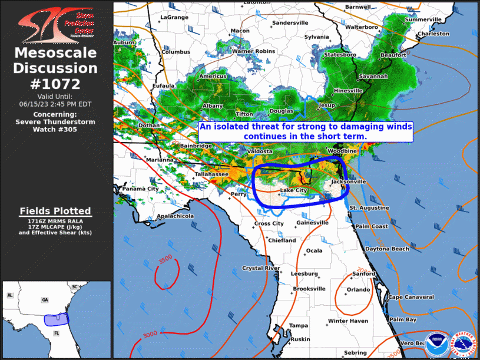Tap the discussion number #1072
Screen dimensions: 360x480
coord(55,84)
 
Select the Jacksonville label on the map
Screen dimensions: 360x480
coord(349,182)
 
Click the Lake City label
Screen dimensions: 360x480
coord(293,190)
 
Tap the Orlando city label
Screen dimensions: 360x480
coord(358,290)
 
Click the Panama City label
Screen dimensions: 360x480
coord(140,189)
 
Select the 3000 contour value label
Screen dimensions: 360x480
coord(150,334)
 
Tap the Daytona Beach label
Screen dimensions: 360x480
coord(387,249)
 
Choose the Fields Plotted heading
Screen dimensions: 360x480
coord(55,210)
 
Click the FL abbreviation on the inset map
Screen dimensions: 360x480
coord(41,333)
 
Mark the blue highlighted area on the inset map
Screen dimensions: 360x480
coord(57,319)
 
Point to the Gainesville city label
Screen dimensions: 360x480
coord(312,223)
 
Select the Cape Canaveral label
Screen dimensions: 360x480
coord(411,297)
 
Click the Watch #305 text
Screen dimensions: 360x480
coord(55,130)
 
